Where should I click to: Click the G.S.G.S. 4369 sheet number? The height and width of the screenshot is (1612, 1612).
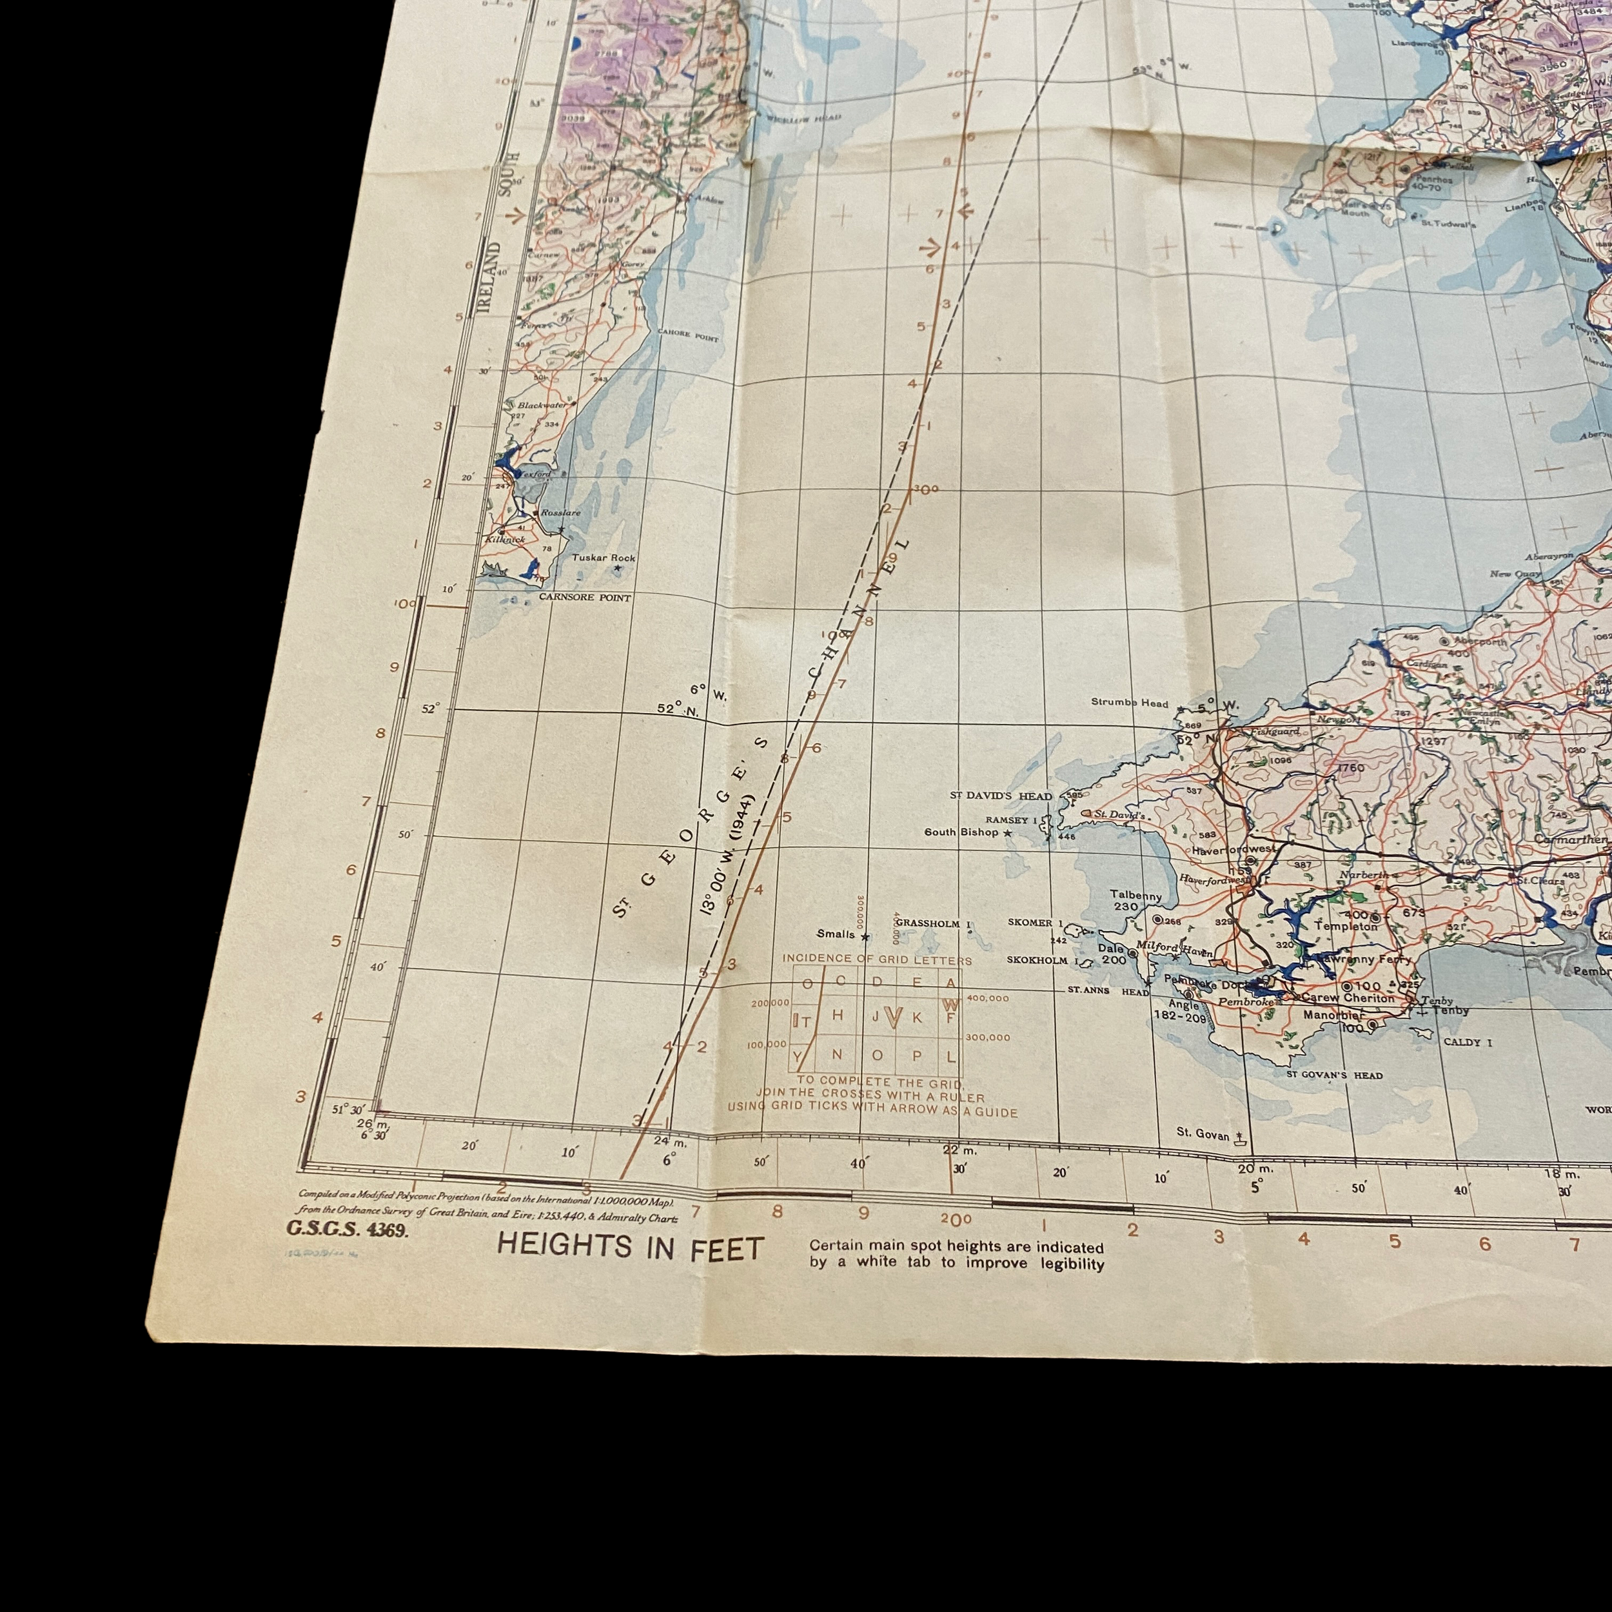(347, 1229)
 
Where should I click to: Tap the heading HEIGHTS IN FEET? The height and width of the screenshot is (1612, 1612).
(630, 1248)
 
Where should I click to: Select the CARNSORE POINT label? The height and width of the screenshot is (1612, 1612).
(584, 598)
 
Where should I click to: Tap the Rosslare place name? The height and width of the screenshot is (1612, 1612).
(560, 513)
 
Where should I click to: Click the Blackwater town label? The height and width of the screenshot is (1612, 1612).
(542, 406)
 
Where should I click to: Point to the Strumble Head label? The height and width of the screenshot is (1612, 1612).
(1129, 703)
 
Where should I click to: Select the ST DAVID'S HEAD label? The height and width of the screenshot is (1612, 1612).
(1001, 796)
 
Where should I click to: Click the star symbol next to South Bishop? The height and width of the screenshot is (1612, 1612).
(1008, 832)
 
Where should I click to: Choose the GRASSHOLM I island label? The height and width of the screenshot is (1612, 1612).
(934, 923)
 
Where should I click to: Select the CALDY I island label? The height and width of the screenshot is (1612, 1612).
(1468, 1042)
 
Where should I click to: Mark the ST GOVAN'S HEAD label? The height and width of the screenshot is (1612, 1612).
(1334, 1076)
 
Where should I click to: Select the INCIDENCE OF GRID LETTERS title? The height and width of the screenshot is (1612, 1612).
(876, 959)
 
